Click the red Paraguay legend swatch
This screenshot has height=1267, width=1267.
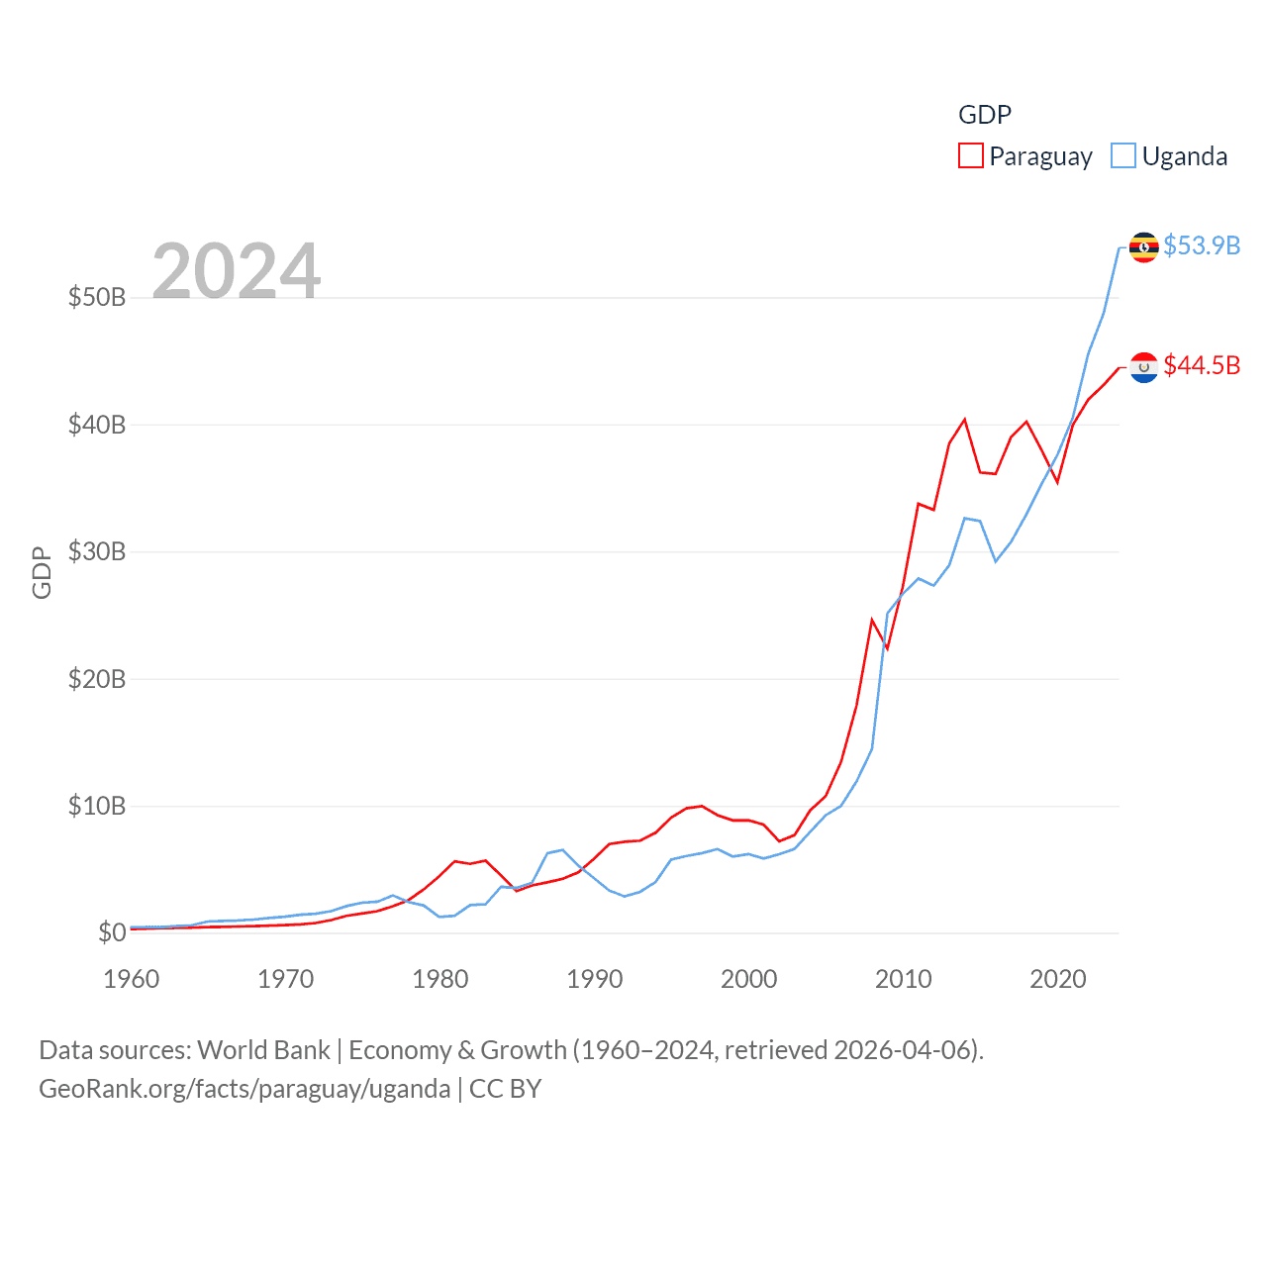tap(970, 156)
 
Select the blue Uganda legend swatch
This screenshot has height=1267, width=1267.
tap(1122, 156)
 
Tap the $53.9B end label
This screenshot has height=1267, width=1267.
tap(1201, 245)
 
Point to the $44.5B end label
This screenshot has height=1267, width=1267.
tap(1201, 365)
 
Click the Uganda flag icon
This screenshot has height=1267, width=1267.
tap(1143, 246)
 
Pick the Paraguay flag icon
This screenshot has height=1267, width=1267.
tap(1143, 367)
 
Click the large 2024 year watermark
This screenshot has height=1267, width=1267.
tap(236, 270)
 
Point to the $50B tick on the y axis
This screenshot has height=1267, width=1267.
tap(97, 297)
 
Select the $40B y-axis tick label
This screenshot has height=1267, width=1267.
tap(97, 425)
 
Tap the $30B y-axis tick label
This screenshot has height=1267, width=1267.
tap(97, 551)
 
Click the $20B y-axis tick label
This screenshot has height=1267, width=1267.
tap(97, 679)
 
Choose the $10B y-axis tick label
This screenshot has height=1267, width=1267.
tap(97, 806)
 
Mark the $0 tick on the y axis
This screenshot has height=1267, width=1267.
tap(112, 932)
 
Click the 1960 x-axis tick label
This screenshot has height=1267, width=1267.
tap(132, 979)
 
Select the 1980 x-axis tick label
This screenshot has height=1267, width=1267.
tap(440, 979)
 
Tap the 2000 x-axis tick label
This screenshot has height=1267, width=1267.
tap(749, 979)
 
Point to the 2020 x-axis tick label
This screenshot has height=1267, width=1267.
tap(1058, 979)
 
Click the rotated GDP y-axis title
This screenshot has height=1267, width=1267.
tap(42, 572)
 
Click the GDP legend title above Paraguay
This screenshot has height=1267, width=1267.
tap(985, 115)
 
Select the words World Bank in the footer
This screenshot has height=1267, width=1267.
tap(263, 1050)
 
